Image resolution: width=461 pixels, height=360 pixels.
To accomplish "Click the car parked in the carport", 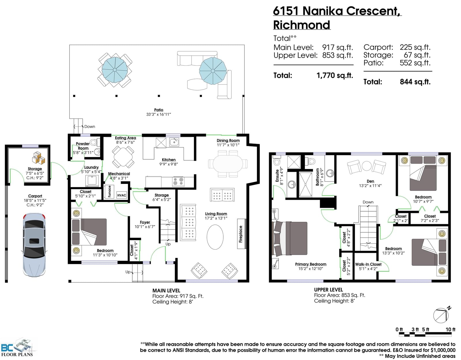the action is tap(34, 245).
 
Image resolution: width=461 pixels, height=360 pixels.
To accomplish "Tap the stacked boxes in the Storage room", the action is tap(38, 158).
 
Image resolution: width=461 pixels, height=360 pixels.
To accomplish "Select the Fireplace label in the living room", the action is tap(241, 234).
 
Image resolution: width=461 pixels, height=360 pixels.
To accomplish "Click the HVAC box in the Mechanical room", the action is tap(122, 195).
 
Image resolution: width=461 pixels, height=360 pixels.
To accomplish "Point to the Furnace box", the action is tap(109, 192).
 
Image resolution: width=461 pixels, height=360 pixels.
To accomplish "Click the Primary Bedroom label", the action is tap(311, 264).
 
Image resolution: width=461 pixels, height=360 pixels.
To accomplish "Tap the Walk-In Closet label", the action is tap(368, 264).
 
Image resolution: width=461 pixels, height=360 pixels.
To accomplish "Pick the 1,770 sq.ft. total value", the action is tap(335, 75).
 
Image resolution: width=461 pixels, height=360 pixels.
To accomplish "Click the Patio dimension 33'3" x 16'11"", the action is tap(158, 114).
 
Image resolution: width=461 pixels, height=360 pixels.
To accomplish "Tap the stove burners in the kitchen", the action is tap(178, 182).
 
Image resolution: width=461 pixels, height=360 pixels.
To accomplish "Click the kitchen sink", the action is tap(174, 142).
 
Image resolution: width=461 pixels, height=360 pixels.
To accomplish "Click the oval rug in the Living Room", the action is tap(215, 237).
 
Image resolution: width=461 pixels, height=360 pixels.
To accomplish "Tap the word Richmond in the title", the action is tap(302, 25).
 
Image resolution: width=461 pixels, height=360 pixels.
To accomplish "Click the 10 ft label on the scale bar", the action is tap(450, 329).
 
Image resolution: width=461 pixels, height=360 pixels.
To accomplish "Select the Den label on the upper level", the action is tap(370, 181).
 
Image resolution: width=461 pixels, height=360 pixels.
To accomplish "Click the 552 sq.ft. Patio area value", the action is tap(415, 63).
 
